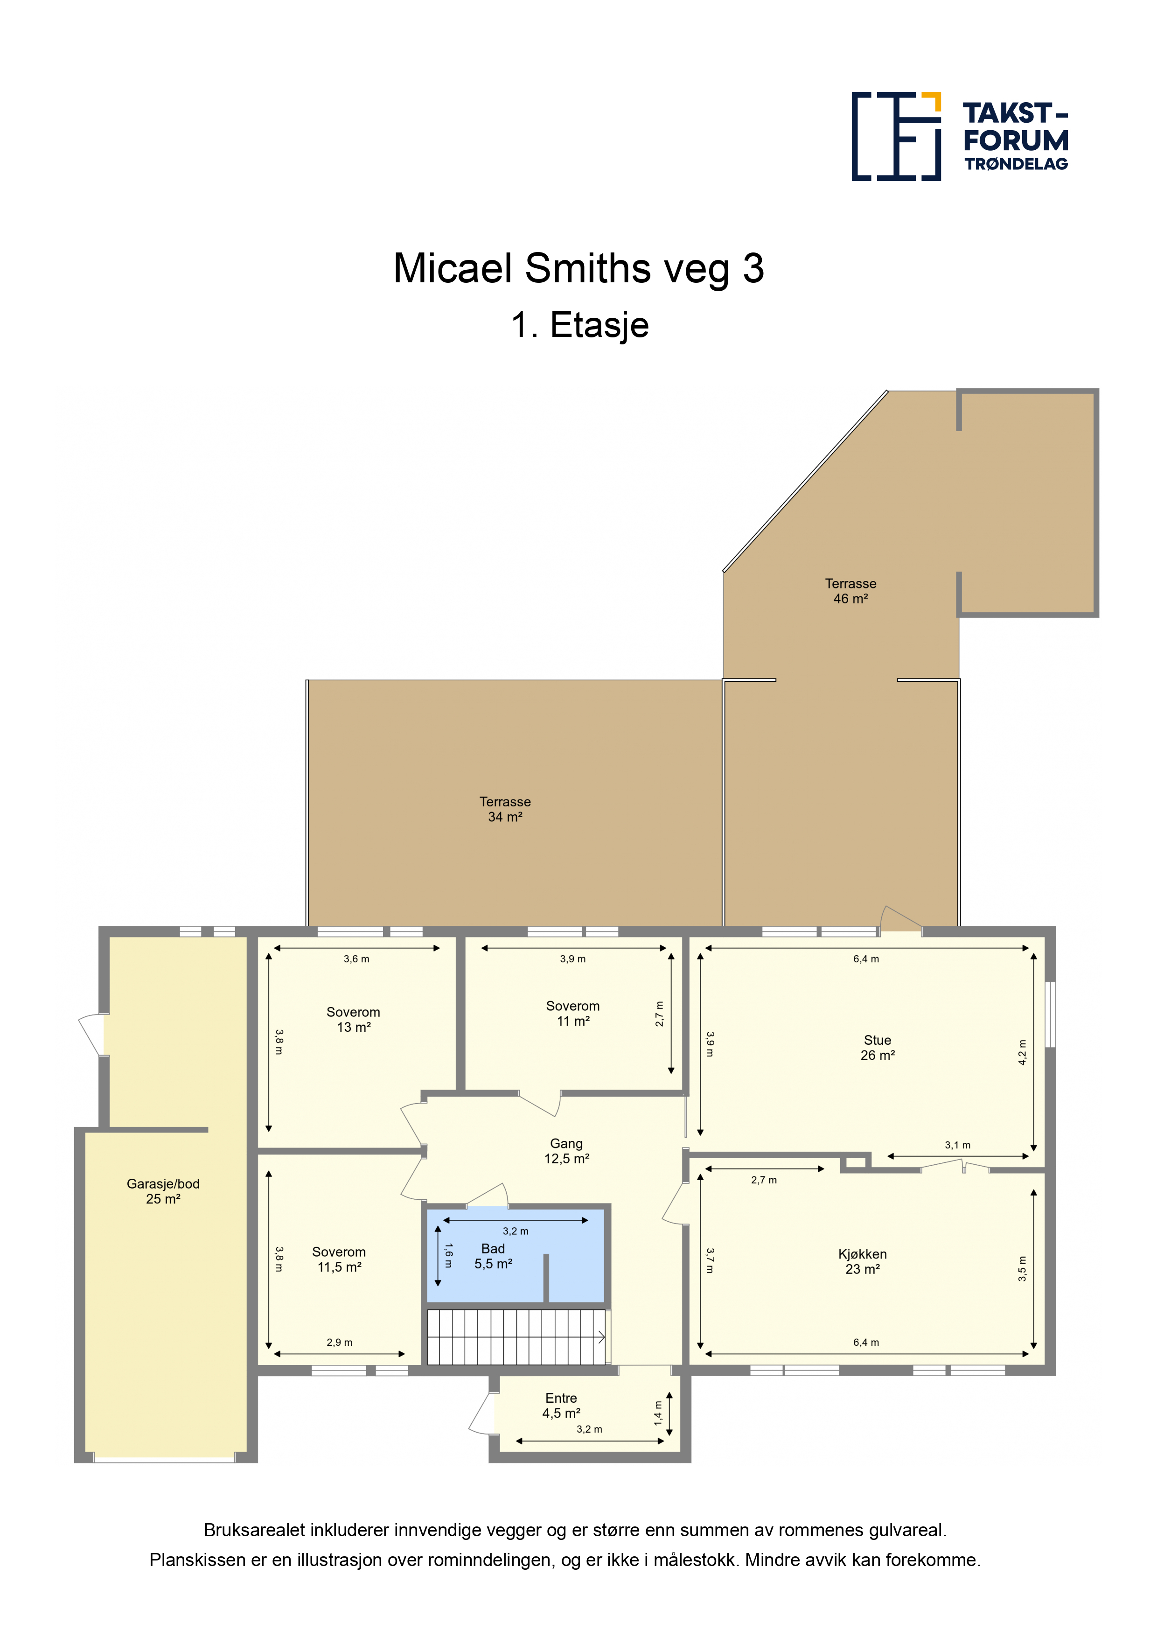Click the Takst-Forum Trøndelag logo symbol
click(896, 136)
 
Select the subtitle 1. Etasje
click(579, 325)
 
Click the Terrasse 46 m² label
click(850, 591)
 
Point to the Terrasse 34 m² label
click(505, 809)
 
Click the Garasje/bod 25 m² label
click(163, 1191)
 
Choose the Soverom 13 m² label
click(354, 1020)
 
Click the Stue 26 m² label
click(878, 1047)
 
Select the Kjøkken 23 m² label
click(863, 1261)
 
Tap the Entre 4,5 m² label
click(561, 1405)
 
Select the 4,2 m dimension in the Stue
click(1022, 1052)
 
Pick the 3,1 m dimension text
click(957, 1145)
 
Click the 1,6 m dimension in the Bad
click(448, 1256)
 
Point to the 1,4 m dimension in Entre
click(658, 1413)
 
